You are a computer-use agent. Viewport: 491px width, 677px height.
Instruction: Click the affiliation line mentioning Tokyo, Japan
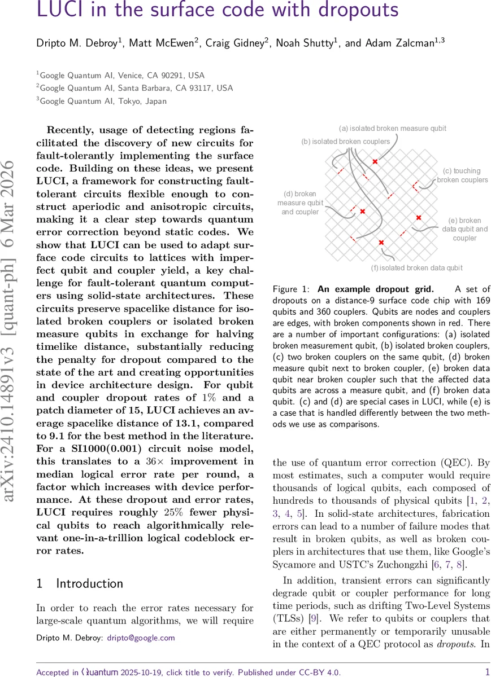tap(102, 101)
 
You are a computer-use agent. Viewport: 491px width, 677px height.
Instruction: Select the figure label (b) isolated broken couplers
tap(345, 141)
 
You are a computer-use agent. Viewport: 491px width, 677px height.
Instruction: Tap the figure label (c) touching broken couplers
tap(462, 175)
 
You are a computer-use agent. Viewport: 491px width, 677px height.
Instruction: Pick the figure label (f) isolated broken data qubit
tap(416, 267)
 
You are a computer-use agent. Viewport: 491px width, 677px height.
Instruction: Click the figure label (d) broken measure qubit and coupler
tap(299, 203)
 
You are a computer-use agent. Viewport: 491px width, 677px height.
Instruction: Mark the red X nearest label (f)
tap(381, 243)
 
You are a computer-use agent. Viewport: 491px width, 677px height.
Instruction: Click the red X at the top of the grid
tap(375, 162)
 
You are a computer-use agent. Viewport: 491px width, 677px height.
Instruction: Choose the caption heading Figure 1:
tap(290, 289)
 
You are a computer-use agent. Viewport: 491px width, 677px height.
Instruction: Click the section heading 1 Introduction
tap(80, 583)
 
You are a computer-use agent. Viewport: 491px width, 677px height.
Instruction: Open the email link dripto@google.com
tap(145, 638)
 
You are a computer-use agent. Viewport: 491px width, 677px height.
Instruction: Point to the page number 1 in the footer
tap(487, 671)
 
